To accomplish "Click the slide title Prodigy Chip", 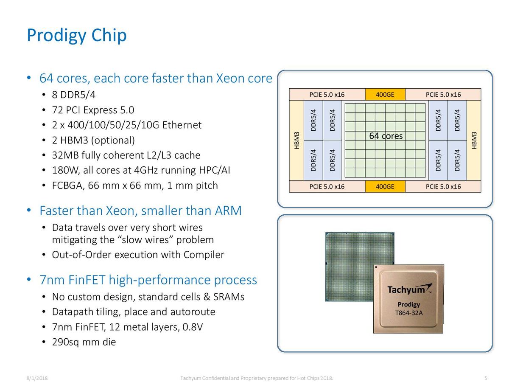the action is (x=76, y=36).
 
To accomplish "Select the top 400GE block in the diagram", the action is (x=385, y=94).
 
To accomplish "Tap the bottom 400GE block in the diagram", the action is (x=385, y=186).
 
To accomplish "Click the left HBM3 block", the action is (x=296, y=140).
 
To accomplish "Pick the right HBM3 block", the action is (x=474, y=140).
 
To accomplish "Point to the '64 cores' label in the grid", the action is (x=386, y=136).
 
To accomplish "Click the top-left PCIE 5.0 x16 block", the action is (x=327, y=94).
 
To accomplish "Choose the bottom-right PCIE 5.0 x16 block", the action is (x=443, y=186).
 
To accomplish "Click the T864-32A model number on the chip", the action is (x=409, y=313).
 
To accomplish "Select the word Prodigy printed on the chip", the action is (x=408, y=304).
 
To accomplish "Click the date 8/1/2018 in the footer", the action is (x=37, y=378).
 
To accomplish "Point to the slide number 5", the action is (x=486, y=378).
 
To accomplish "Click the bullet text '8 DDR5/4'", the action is (x=73, y=95).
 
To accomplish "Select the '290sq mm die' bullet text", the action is (x=84, y=342).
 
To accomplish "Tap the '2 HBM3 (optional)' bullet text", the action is (x=93, y=140).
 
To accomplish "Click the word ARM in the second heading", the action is (x=228, y=211).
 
